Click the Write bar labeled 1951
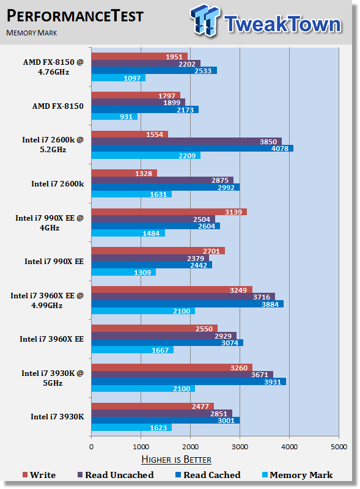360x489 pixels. click(139, 56)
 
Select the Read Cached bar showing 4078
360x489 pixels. click(192, 148)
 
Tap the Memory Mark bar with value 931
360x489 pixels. click(114, 117)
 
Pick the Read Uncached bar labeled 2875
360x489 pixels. click(162, 180)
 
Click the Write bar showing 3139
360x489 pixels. click(169, 212)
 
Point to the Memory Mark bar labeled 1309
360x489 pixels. click(123, 272)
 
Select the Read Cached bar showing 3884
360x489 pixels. click(188, 304)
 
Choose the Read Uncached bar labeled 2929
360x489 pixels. click(164, 336)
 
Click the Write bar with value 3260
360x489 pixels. click(172, 368)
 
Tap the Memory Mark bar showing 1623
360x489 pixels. click(131, 427)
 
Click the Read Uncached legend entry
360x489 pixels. click(116, 475)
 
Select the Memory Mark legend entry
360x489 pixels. click(297, 475)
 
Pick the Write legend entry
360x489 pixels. click(39, 475)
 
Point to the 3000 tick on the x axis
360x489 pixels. click(240, 447)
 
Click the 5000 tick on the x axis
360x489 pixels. click(339, 447)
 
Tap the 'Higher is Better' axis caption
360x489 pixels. click(176, 460)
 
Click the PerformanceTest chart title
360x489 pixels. click(75, 16)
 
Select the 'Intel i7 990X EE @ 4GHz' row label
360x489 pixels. click(50, 222)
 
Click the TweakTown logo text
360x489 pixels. click(282, 24)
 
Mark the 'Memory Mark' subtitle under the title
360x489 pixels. click(32, 33)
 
